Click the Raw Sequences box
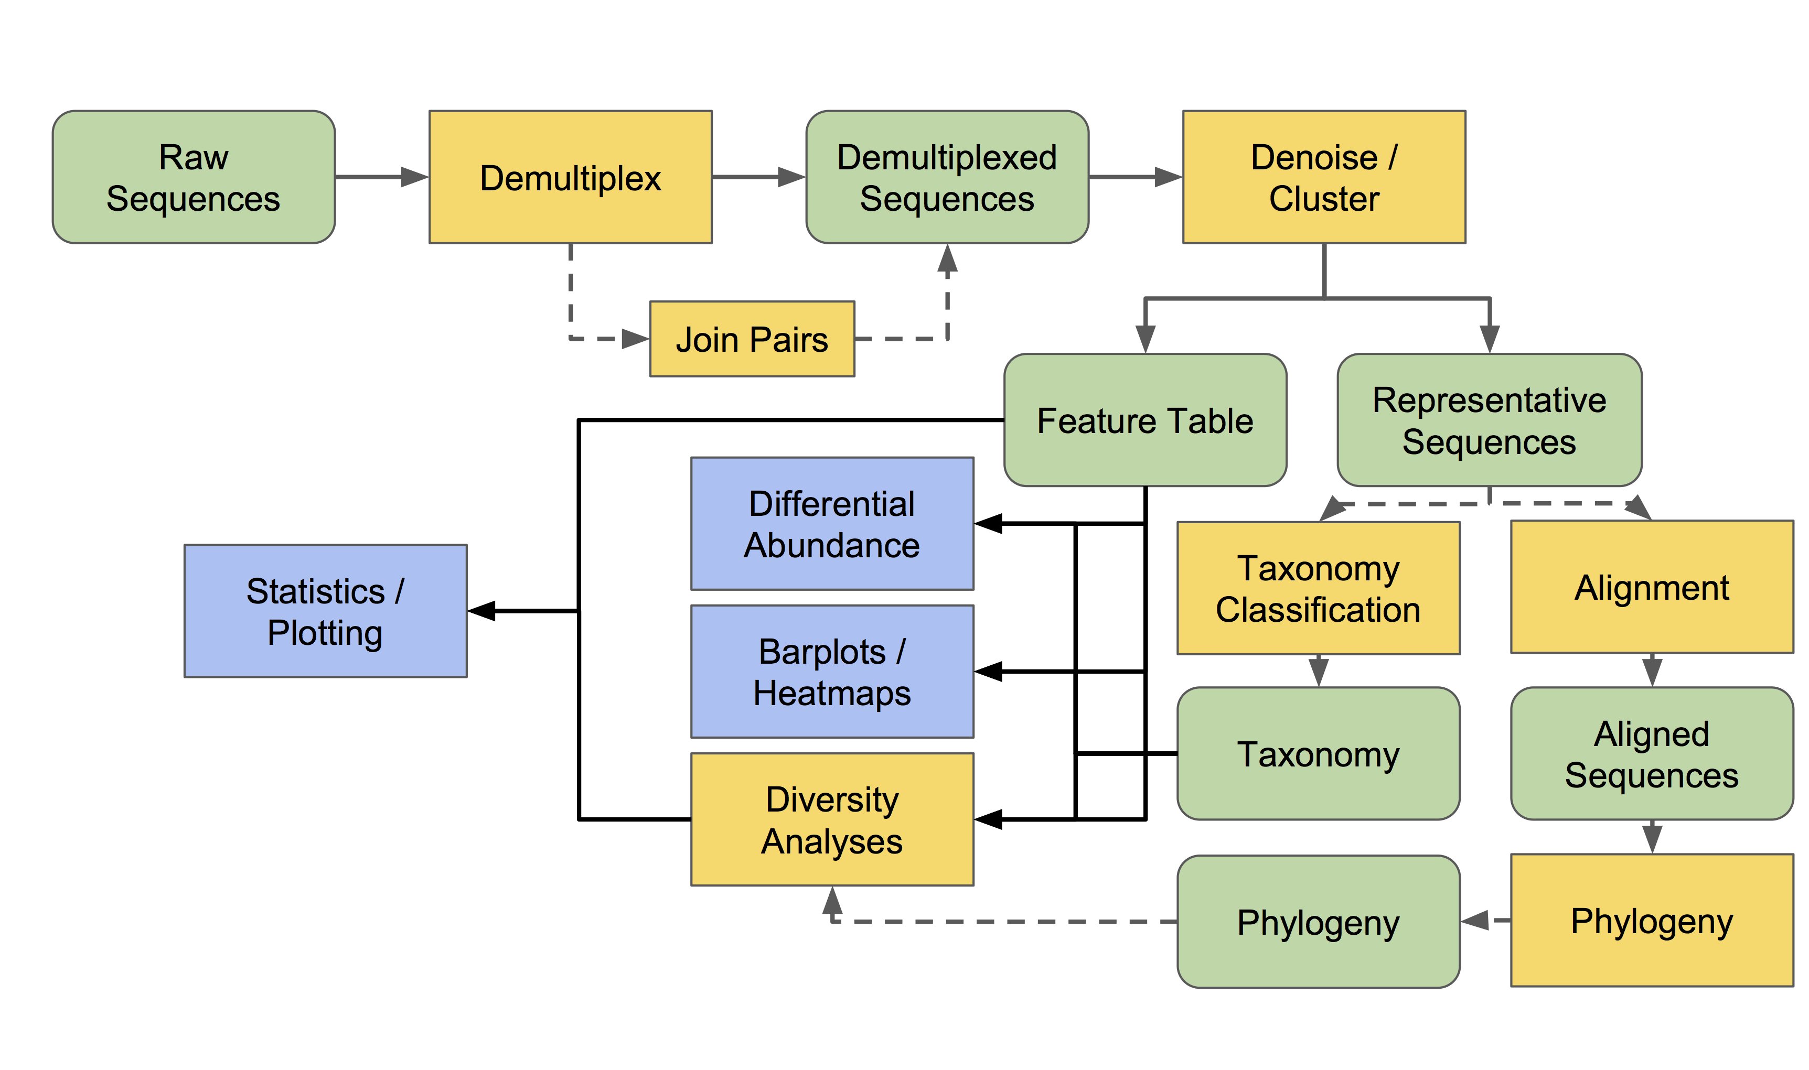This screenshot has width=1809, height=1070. click(x=194, y=177)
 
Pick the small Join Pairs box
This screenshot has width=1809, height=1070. click(x=752, y=339)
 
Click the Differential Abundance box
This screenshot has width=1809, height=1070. click(x=832, y=523)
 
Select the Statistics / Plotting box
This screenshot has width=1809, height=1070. click(x=325, y=611)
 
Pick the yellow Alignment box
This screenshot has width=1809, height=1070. click(x=1652, y=587)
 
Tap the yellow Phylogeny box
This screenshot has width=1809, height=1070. click(x=1652, y=920)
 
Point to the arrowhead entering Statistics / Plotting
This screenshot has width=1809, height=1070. click(x=483, y=611)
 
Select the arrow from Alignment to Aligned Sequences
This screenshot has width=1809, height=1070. click(x=1652, y=671)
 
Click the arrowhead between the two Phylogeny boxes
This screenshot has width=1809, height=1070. click(x=1476, y=920)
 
